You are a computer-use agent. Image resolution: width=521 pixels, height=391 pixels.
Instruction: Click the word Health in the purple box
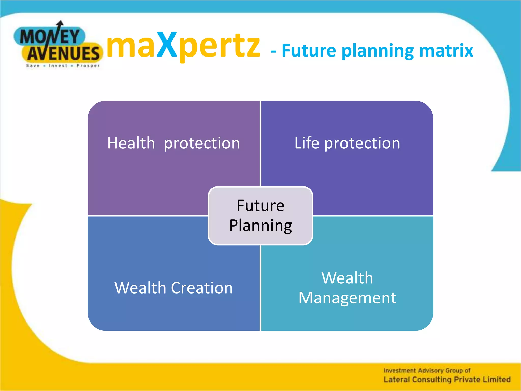point(131,143)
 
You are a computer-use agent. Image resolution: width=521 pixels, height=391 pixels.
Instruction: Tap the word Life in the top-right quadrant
point(307,143)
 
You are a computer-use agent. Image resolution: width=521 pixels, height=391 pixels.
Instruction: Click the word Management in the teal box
point(347,298)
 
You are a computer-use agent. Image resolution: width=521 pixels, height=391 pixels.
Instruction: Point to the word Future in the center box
point(260,205)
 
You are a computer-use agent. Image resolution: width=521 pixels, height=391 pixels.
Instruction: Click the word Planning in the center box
point(260,226)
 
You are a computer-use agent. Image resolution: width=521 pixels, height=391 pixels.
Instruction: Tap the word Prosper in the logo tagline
point(88,66)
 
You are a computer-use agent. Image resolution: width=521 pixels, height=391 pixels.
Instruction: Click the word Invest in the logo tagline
point(58,66)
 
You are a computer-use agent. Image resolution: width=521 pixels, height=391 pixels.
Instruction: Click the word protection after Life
point(362,144)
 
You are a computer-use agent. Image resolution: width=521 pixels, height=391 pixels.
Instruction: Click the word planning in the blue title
point(378,51)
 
